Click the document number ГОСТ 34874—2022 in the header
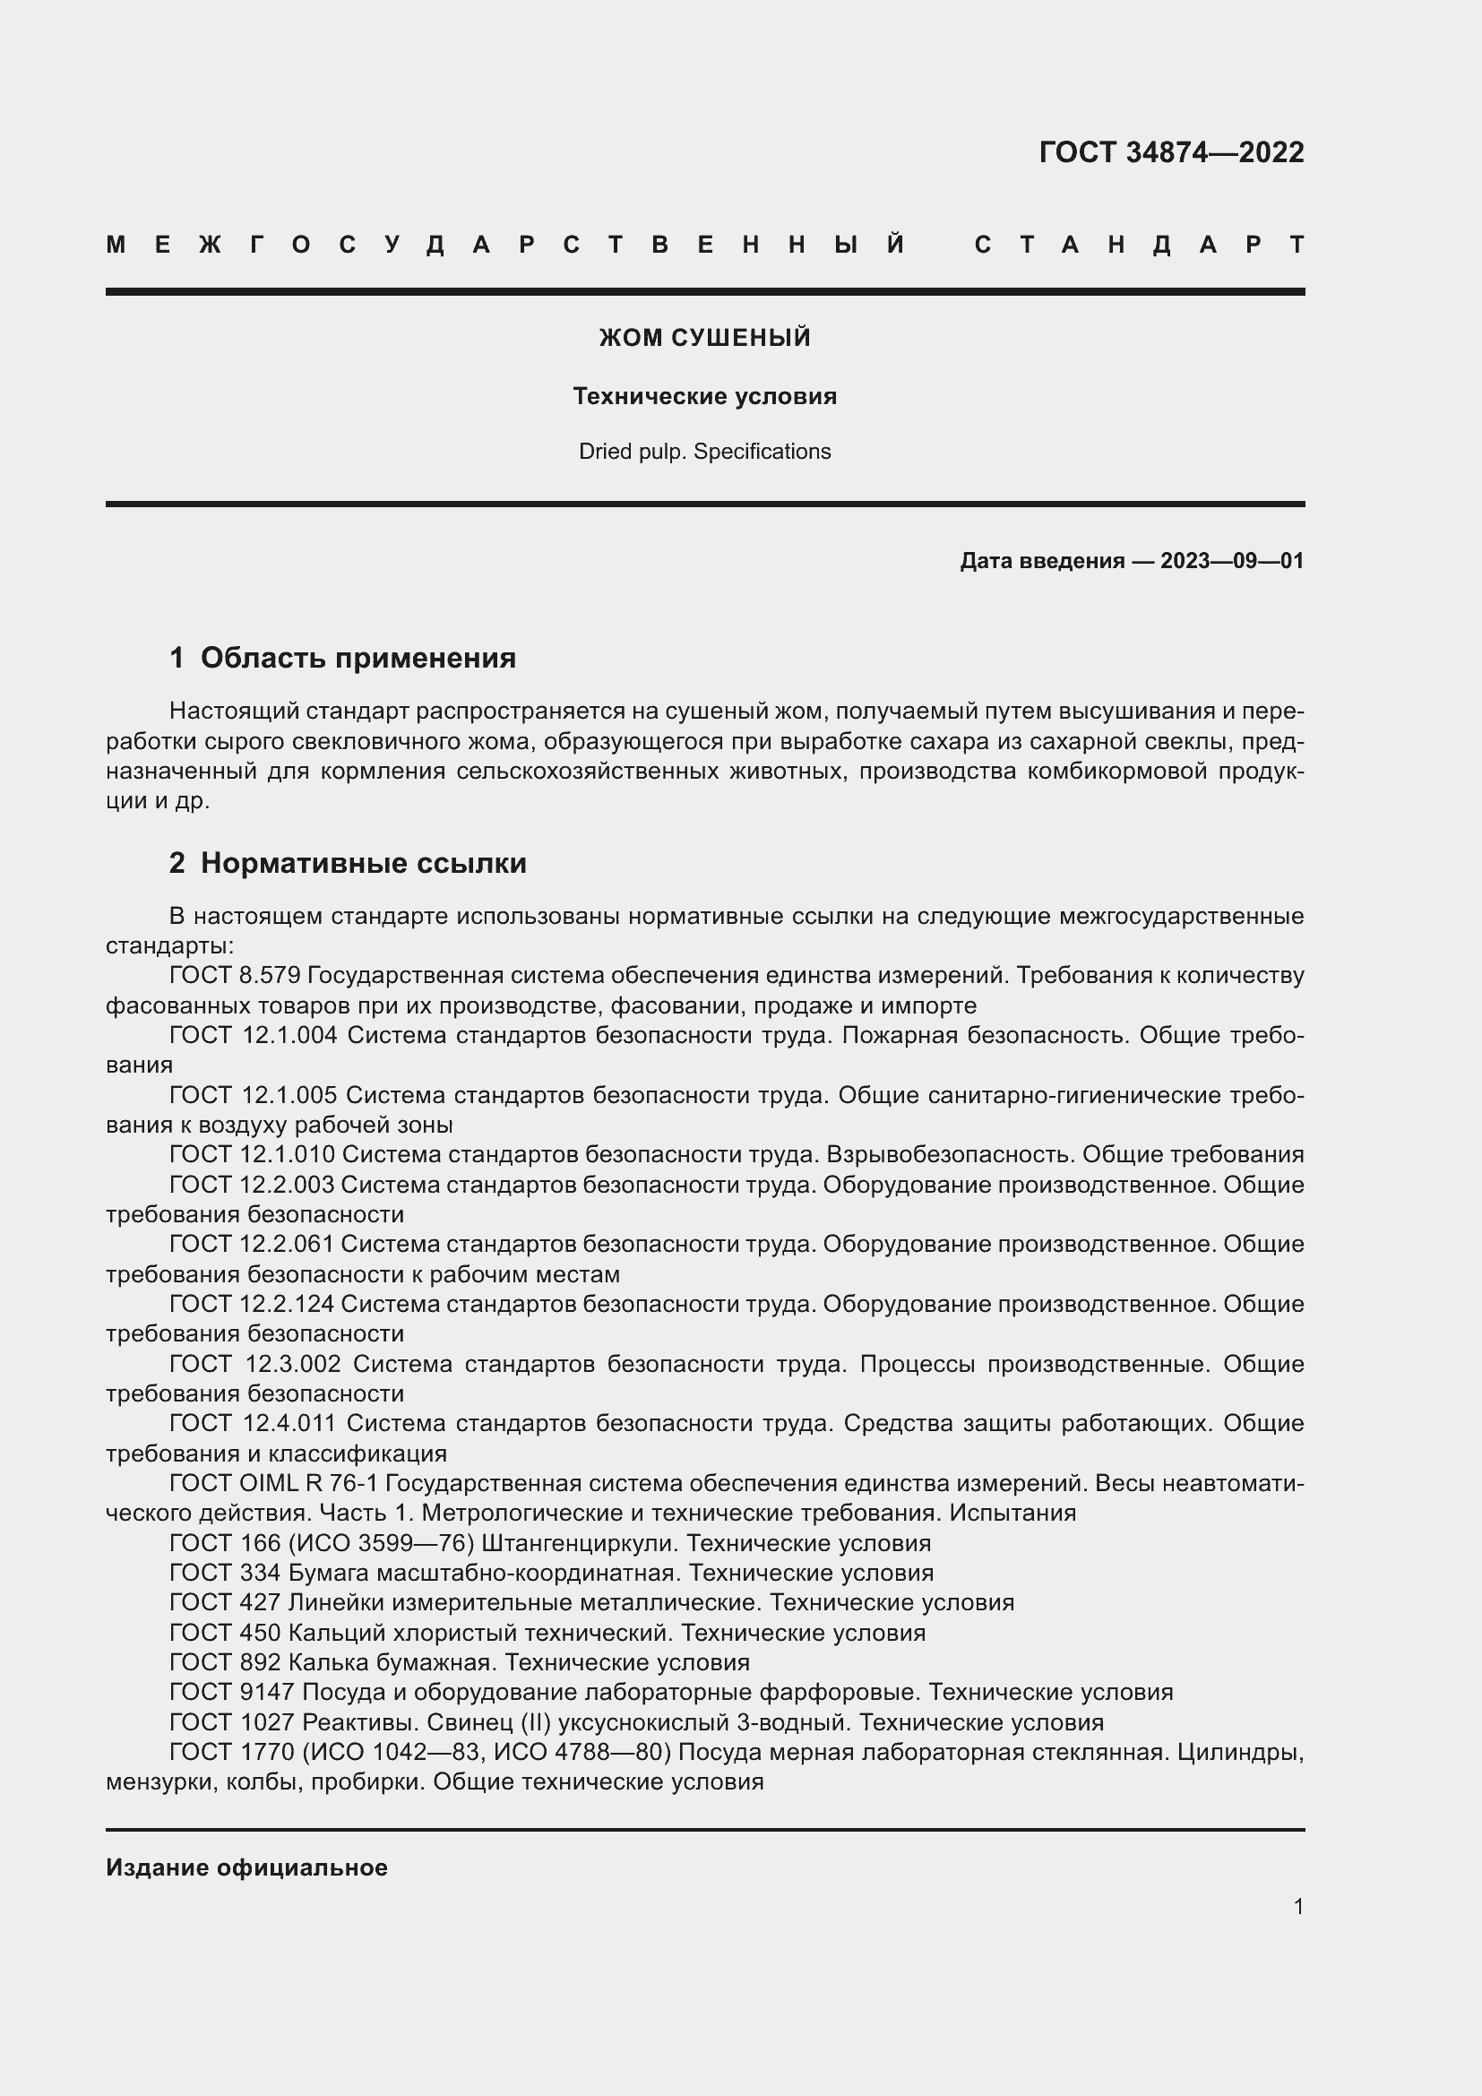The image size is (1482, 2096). coord(1171,151)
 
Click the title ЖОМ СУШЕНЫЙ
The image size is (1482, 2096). coord(704,338)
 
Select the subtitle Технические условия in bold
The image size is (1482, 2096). coord(704,396)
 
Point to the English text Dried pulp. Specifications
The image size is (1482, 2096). coord(704,452)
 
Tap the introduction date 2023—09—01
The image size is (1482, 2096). coord(1232,560)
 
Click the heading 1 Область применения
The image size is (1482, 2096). coord(342,659)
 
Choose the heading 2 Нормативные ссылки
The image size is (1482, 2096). coord(348,863)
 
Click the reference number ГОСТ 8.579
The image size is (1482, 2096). coord(235,976)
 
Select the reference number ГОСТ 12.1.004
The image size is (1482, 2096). coord(253,1035)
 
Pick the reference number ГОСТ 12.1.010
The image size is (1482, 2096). coord(252,1155)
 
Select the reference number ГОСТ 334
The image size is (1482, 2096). coord(225,1573)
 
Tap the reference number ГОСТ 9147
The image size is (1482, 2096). coord(232,1693)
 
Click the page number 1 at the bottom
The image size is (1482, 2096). coord(1297,1907)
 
